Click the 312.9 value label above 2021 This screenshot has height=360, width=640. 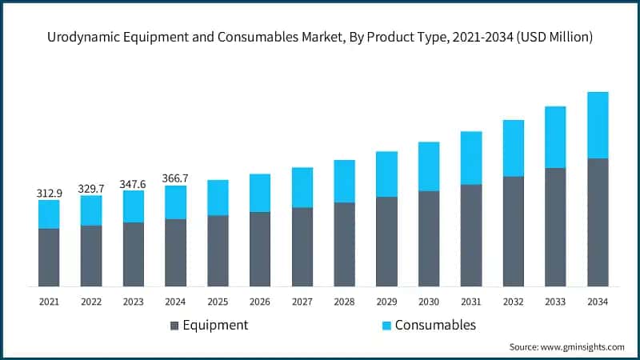pos(49,194)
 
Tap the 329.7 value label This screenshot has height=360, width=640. pos(91,189)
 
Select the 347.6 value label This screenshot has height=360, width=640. pos(134,184)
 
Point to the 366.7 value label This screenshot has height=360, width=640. pos(176,179)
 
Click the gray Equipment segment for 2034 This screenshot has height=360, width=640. pos(598,222)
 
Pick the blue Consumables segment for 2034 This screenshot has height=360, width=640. pos(598,125)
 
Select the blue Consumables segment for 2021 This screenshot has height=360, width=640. pos(49,214)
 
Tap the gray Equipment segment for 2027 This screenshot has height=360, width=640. pos(302,246)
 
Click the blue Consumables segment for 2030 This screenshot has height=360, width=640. pos(429,166)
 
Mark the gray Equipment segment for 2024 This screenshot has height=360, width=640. pos(176,252)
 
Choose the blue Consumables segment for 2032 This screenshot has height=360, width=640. pos(514,148)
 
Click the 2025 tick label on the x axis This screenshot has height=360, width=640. pos(218,302)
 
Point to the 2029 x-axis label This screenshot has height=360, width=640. pos(386,302)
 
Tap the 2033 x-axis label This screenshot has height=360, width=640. pos(555,302)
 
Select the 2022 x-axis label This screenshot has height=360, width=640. pos(91,302)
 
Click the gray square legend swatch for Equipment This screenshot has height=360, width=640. pos(174,326)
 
